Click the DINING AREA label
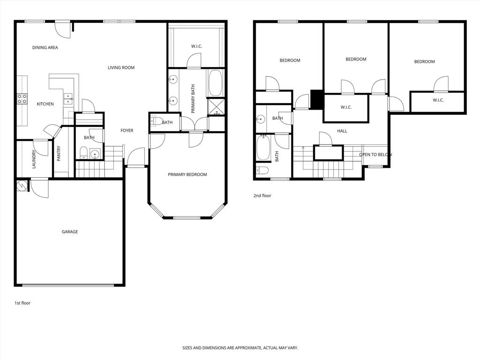click(x=45, y=47)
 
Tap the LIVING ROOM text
click(x=121, y=67)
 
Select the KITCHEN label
click(x=45, y=104)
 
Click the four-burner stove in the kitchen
click(x=22, y=98)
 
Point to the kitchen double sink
click(x=68, y=98)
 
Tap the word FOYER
click(x=127, y=131)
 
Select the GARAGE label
click(x=70, y=232)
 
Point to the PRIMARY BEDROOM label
click(x=187, y=175)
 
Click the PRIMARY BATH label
click(x=193, y=99)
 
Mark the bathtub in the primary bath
click(x=216, y=83)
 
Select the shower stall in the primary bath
click(x=216, y=106)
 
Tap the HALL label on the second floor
click(x=342, y=131)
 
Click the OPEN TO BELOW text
click(x=375, y=155)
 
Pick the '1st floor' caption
click(x=22, y=303)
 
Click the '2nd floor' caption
click(x=262, y=196)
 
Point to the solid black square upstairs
click(x=317, y=99)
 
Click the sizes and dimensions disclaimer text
click(x=240, y=348)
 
